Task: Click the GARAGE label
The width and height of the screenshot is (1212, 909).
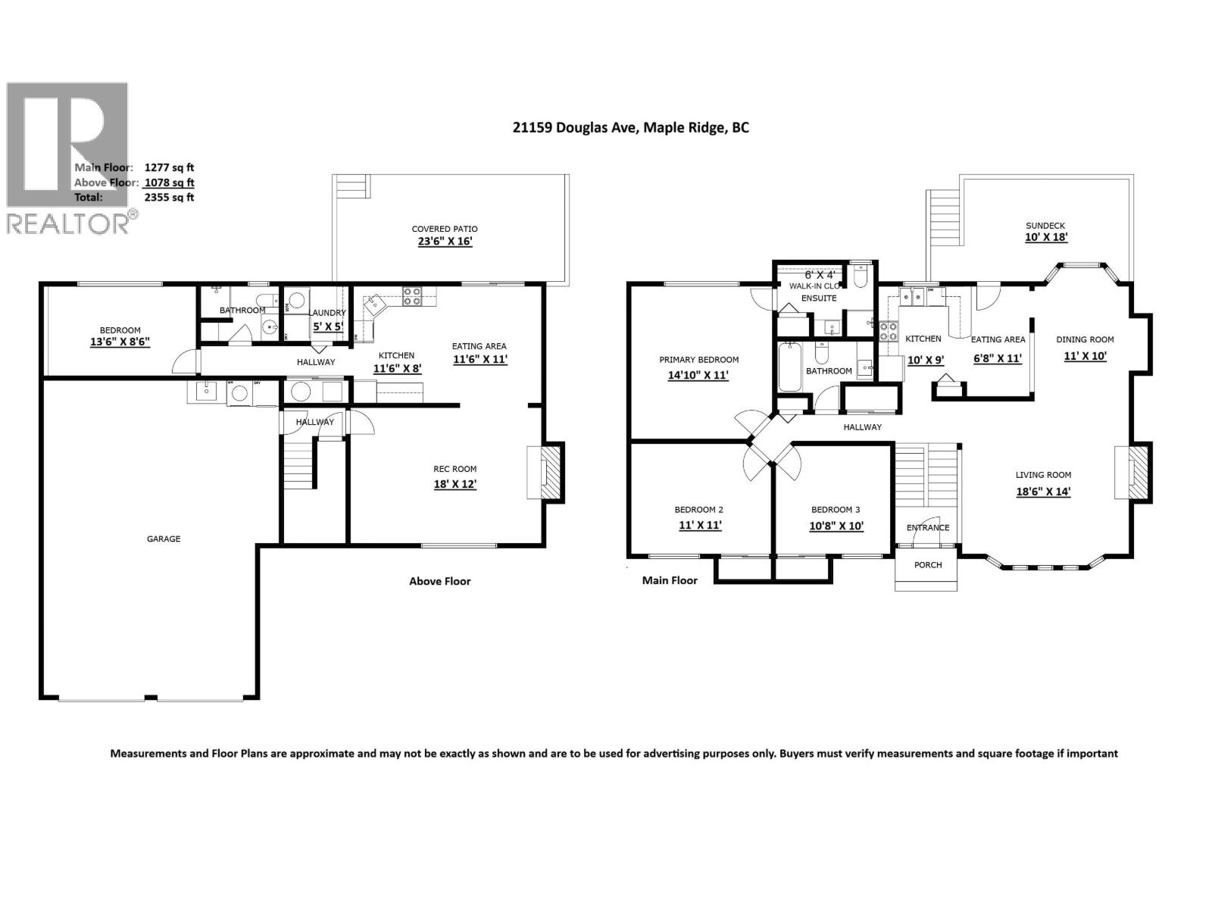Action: click(164, 539)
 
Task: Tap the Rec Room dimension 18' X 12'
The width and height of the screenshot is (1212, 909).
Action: click(455, 484)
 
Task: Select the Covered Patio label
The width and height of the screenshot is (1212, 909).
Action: click(445, 229)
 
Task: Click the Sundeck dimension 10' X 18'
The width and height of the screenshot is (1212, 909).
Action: click(1046, 237)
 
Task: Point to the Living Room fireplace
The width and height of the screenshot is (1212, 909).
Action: click(1134, 473)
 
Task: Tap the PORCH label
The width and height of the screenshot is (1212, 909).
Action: click(928, 565)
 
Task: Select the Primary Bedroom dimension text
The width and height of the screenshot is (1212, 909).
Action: click(698, 375)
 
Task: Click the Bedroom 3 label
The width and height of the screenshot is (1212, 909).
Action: click(836, 510)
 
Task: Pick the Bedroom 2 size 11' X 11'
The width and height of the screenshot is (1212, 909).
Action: click(698, 525)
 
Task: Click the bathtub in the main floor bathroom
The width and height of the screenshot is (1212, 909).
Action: click(789, 367)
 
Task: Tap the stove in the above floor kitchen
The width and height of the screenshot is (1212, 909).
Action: click(412, 295)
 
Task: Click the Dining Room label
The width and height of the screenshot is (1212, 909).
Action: click(1085, 339)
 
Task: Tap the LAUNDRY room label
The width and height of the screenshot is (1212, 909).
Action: click(327, 313)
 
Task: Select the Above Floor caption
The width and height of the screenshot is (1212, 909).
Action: click(440, 582)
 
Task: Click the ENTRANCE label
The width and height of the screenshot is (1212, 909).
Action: click(928, 528)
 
